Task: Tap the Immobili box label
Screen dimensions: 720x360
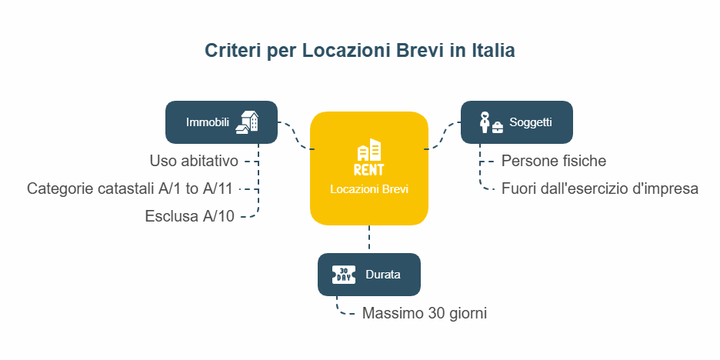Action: pyautogui.click(x=208, y=122)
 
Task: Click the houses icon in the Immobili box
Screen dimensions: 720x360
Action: pyautogui.click(x=247, y=122)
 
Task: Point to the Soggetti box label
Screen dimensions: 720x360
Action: pyautogui.click(x=530, y=122)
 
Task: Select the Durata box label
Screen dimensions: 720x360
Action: pyautogui.click(x=383, y=275)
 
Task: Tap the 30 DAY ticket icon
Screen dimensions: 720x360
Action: pyautogui.click(x=344, y=275)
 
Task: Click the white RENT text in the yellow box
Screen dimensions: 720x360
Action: pyautogui.click(x=368, y=169)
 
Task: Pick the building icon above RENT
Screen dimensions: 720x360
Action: pyautogui.click(x=369, y=149)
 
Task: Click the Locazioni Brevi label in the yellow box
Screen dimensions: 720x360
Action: pyautogui.click(x=369, y=189)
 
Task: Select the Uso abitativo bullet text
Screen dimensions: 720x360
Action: pyautogui.click(x=194, y=162)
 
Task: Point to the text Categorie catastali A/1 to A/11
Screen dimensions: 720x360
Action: pyautogui.click(x=130, y=188)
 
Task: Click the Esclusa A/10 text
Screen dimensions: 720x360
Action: pyautogui.click(x=190, y=216)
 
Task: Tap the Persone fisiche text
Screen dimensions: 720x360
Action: pyautogui.click(x=554, y=162)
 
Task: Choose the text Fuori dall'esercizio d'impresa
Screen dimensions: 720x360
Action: pyautogui.click(x=600, y=188)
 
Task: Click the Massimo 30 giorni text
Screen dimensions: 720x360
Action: pyautogui.click(x=425, y=313)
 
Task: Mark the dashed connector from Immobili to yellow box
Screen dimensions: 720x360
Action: pyautogui.click(x=295, y=136)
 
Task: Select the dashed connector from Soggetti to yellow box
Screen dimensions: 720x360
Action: pyautogui.click(x=442, y=136)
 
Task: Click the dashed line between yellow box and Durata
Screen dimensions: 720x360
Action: pyautogui.click(x=369, y=238)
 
